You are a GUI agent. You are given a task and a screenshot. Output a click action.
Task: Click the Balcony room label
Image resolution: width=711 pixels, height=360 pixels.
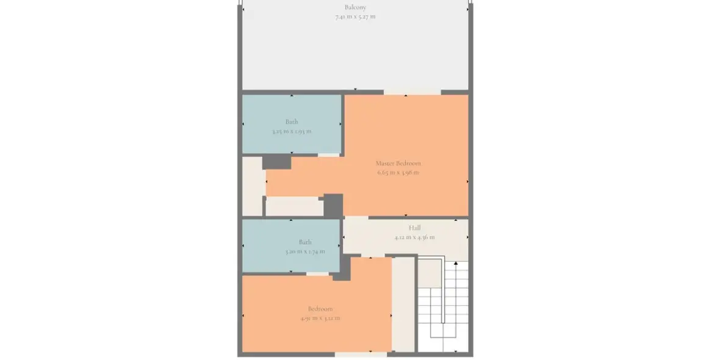point(355,7)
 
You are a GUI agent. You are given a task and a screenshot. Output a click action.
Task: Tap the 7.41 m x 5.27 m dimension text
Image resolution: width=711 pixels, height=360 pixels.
point(355,16)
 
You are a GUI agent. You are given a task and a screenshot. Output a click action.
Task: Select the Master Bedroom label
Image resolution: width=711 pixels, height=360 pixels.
point(398,163)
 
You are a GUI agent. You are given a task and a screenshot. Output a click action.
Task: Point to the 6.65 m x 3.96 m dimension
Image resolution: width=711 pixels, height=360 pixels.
point(398,173)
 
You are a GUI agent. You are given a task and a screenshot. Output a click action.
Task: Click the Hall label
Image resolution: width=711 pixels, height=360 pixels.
point(414,228)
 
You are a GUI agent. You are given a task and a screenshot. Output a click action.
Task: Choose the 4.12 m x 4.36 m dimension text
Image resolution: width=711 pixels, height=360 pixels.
point(414,237)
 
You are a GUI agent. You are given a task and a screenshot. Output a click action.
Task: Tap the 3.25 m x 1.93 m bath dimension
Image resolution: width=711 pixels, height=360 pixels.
point(292,131)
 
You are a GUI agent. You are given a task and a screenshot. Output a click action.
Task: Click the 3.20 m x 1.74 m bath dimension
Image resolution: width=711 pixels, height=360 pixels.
point(305,251)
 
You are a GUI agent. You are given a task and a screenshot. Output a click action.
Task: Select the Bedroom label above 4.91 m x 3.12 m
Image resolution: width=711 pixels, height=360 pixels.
point(320,309)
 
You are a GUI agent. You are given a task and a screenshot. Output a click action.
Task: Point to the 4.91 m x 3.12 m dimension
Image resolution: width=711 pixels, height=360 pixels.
point(320,318)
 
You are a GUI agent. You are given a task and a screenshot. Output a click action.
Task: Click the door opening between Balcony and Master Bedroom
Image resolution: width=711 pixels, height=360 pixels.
point(412,92)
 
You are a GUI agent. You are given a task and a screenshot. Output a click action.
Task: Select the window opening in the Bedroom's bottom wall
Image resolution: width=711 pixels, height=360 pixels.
point(361,354)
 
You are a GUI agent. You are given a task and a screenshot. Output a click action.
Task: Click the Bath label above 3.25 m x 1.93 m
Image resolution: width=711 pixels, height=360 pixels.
point(292,121)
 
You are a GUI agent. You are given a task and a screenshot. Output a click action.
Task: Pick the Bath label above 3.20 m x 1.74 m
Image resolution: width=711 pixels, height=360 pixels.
point(305,242)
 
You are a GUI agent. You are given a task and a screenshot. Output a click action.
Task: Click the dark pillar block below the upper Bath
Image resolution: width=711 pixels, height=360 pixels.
point(276,162)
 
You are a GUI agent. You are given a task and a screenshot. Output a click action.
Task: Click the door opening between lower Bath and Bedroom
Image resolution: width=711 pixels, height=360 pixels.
point(317,273)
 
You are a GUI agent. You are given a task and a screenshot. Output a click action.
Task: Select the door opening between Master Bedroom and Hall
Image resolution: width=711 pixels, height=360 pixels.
point(356,217)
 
